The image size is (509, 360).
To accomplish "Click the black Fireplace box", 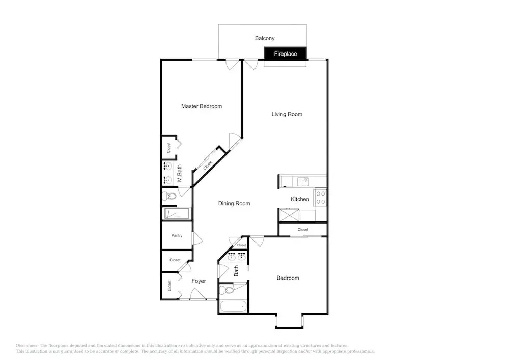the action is (x=286, y=53).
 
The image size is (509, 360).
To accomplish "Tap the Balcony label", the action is (x=265, y=38).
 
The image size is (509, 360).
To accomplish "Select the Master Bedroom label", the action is (x=202, y=106).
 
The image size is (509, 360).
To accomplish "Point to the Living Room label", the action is (x=287, y=114).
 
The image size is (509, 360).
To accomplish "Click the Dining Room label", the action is (x=234, y=203).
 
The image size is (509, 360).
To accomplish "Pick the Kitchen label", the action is (x=300, y=199).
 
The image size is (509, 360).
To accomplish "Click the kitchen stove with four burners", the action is (x=320, y=198).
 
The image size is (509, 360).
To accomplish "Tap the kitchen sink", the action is (x=303, y=182).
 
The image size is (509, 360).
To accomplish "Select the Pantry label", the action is (x=177, y=235).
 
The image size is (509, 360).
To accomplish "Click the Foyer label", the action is (x=199, y=281).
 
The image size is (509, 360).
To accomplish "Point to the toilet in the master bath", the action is (x=169, y=196).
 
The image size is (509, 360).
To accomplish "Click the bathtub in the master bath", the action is (x=177, y=214).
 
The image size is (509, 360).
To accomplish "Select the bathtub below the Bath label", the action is (x=233, y=307).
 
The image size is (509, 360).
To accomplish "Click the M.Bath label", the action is (x=179, y=173).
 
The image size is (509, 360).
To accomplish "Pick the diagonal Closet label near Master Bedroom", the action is (x=208, y=165).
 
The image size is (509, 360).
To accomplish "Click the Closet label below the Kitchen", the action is (x=303, y=230).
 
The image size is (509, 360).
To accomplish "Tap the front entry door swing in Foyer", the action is (x=198, y=294).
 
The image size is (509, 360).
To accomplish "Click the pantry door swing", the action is (x=197, y=238).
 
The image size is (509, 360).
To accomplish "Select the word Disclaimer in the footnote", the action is (x=27, y=346).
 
